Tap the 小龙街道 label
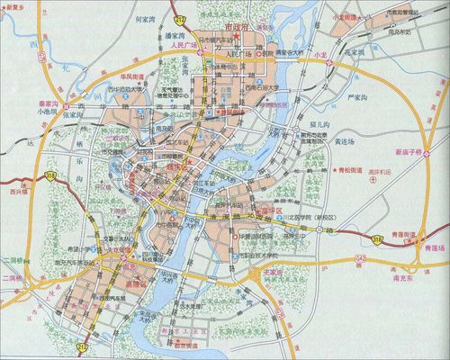[x=346, y=18]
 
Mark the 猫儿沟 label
[x=319, y=118]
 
